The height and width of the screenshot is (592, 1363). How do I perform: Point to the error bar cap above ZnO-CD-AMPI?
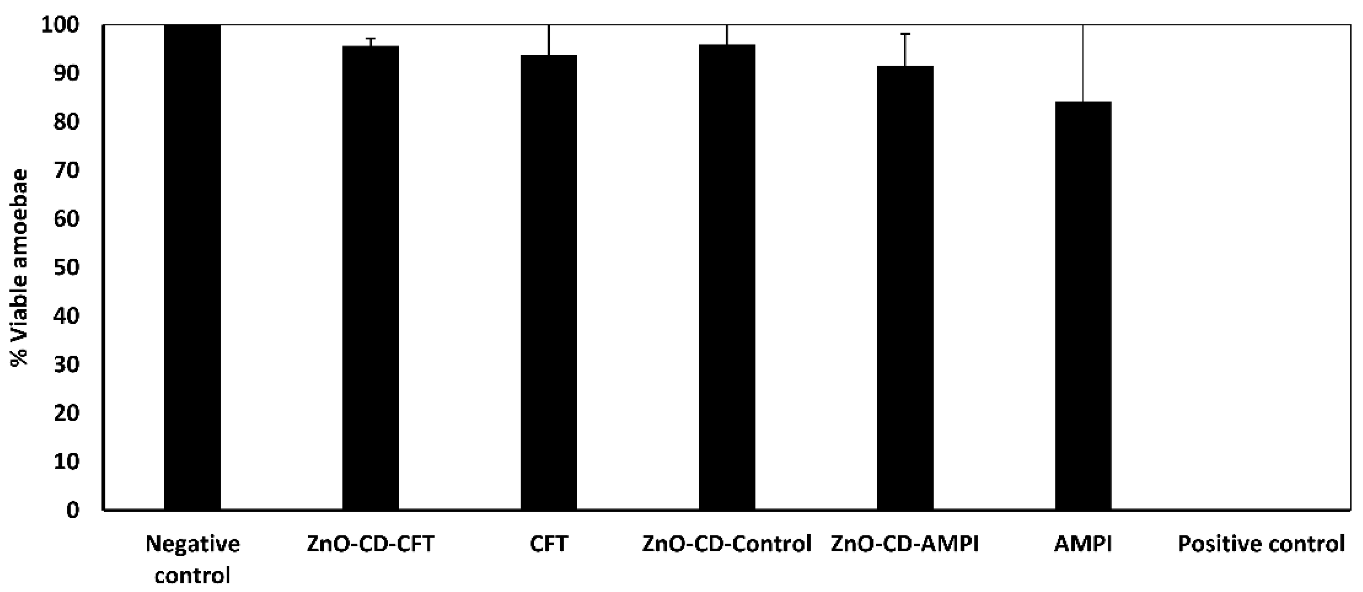[x=905, y=34]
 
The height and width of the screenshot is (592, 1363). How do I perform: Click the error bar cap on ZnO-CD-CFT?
[x=370, y=38]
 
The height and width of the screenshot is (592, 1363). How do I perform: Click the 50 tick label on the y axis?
[x=66, y=268]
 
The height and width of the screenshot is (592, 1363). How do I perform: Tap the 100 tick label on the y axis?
[x=59, y=25]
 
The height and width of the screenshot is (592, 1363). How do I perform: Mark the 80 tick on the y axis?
[x=66, y=122]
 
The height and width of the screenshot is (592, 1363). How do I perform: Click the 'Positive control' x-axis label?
[x=1261, y=544]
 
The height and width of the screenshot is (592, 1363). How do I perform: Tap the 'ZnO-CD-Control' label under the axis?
[x=727, y=544]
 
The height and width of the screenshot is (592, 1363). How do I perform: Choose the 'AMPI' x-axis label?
[x=1083, y=544]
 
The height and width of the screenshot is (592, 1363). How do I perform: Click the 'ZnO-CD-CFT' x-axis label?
[x=370, y=544]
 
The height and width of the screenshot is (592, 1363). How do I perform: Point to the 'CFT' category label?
[x=549, y=544]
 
